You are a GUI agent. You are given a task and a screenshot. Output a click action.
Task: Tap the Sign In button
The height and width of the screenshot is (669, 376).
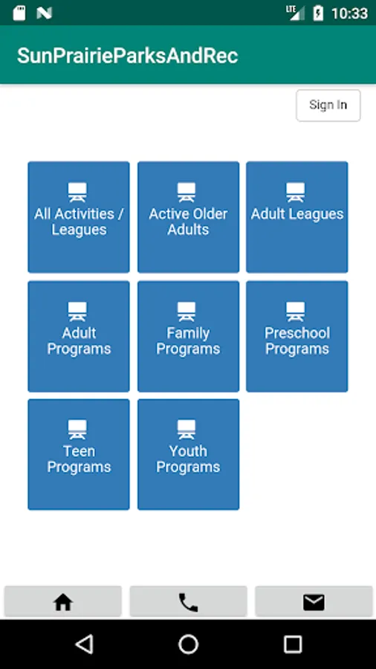(328, 106)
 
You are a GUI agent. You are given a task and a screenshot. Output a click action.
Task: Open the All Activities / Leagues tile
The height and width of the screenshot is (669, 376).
(79, 217)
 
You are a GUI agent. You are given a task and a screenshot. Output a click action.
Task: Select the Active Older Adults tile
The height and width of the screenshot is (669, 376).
(188, 217)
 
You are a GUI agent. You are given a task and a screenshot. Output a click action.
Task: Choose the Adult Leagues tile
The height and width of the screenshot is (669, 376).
(297, 217)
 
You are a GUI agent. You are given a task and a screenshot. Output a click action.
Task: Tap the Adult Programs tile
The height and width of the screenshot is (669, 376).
(79, 336)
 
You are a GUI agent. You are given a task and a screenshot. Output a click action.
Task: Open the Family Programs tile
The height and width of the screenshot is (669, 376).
(188, 336)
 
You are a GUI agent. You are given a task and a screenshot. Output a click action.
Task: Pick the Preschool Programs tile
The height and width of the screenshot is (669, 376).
(297, 336)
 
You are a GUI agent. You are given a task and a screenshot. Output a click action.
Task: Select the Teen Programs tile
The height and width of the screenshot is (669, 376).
(79, 454)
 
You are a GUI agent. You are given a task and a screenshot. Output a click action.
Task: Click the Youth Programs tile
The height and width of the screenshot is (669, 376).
(188, 454)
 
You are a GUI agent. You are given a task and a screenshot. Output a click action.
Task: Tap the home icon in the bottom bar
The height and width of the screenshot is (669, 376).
(63, 602)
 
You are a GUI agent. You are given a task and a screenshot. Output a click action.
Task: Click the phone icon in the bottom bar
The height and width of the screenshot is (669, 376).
(188, 602)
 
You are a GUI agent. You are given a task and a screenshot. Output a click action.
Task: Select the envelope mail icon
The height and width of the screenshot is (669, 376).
(314, 602)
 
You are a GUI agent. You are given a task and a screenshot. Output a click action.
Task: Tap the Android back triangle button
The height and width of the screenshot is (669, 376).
(85, 644)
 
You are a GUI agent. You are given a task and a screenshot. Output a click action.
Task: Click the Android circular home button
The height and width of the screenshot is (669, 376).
(188, 644)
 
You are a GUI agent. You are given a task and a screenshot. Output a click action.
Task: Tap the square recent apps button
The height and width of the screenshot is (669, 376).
(293, 644)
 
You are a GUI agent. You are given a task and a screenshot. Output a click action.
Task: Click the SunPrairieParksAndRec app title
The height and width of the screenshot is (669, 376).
(128, 56)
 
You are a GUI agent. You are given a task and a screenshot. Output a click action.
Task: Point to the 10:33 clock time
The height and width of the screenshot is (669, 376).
(349, 13)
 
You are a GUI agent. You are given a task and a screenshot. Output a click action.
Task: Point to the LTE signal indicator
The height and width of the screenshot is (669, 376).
(296, 13)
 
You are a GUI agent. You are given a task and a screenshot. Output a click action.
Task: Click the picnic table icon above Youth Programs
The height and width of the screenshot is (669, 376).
(187, 430)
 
